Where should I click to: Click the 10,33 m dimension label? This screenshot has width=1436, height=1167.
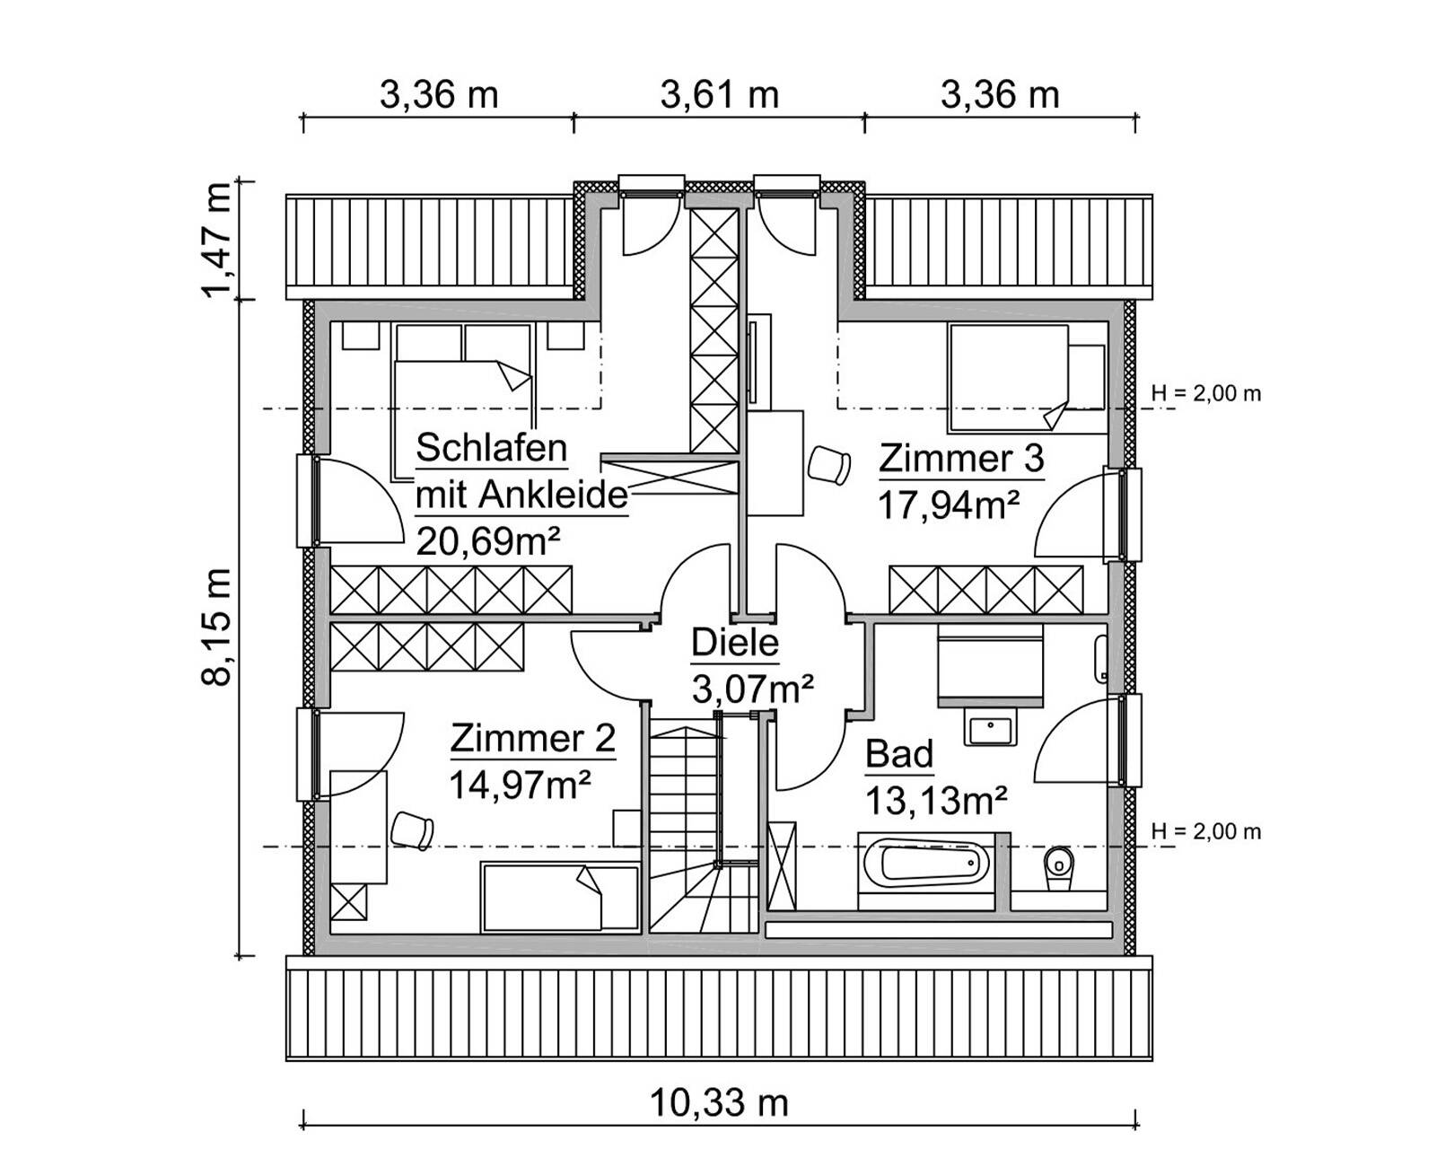coord(718,1102)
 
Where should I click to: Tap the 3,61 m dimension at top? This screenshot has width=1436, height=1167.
coord(719,94)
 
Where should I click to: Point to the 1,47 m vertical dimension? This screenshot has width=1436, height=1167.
coord(216,240)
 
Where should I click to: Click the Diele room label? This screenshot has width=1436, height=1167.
coord(735,643)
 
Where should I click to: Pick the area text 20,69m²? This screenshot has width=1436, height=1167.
coord(489,541)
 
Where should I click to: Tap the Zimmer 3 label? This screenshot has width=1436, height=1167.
coord(961,458)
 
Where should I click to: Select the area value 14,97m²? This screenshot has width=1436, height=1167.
coord(520,785)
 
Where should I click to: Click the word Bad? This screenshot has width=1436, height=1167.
coord(899,754)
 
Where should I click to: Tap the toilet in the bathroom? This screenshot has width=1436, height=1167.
coord(1059,867)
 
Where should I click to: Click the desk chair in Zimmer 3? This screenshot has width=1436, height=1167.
coord(827,465)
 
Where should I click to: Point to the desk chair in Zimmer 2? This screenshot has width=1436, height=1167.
coord(412,828)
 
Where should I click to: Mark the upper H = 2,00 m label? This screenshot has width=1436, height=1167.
coord(1206,393)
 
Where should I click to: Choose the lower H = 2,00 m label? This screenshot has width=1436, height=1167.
coord(1206,832)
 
